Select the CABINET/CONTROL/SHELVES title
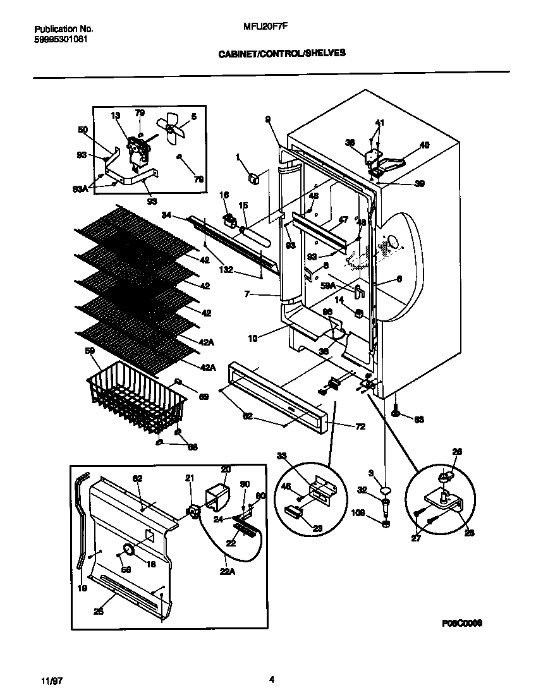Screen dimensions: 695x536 tap(282, 54)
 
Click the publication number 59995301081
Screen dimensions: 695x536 tap(61, 39)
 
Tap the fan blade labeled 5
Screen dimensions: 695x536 tap(172, 128)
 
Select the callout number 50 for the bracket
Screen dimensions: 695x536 tap(83, 130)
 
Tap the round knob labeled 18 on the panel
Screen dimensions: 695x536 tap(129, 551)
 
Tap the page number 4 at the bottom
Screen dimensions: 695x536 tap(271, 680)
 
